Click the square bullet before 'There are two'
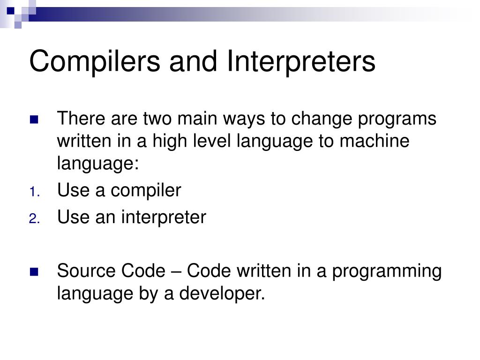point(34,119)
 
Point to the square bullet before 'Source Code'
point(34,271)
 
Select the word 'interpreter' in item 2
point(164,217)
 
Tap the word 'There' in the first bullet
point(82,119)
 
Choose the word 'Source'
point(87,271)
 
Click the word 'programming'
point(387,271)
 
